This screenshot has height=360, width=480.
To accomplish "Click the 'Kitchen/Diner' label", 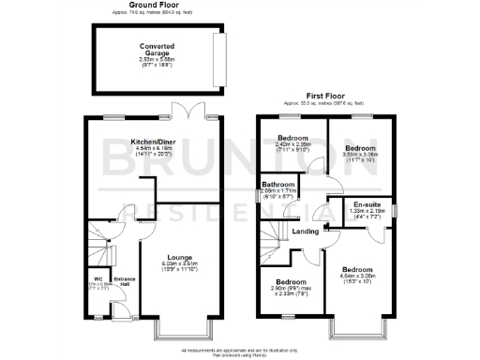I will tap(155, 142).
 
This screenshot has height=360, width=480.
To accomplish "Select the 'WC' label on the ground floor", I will tap(97, 278).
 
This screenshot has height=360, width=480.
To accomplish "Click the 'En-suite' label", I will tap(367, 204).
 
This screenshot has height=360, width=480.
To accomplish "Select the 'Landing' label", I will tap(306, 232).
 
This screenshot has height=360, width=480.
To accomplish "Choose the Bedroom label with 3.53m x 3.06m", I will tap(359, 148).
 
